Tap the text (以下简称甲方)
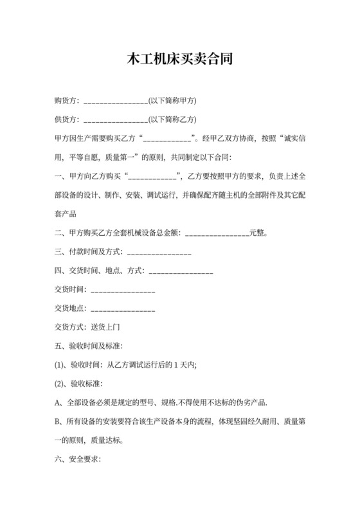pos(172,101)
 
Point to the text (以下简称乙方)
pos(172,120)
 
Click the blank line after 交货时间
pos(123,290)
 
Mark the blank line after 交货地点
pos(123,309)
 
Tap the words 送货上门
pos(105,327)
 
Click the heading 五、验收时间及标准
pos(84,346)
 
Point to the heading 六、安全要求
pos(78,460)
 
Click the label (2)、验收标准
pos(78,384)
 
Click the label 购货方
pos(66,101)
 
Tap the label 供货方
pos(66,120)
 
